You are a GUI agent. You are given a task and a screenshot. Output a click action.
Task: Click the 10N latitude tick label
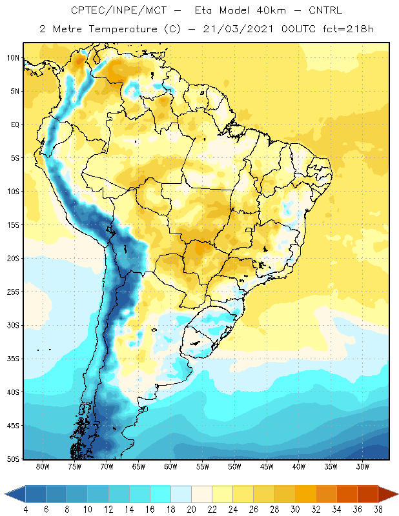pyautogui.click(x=13, y=58)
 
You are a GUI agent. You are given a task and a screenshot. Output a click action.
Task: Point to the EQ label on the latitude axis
pyautogui.click(x=15, y=124)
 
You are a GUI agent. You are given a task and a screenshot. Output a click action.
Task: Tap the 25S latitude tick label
pyautogui.click(x=13, y=292)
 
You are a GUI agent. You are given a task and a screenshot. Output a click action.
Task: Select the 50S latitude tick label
pyautogui.click(x=13, y=459)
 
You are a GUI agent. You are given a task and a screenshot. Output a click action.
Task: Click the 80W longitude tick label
pyautogui.click(x=43, y=466)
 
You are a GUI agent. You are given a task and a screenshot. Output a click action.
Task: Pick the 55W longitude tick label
pyautogui.click(x=203, y=466)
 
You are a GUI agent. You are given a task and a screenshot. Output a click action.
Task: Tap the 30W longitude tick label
pyautogui.click(x=363, y=466)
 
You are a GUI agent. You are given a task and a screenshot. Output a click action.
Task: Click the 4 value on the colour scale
pyautogui.click(x=25, y=510)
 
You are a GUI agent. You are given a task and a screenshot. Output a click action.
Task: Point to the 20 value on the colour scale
pyautogui.click(x=191, y=510)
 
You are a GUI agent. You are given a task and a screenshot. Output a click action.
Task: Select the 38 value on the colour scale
pyautogui.click(x=378, y=510)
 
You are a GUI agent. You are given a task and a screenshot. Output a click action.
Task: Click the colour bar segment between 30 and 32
pyautogui.click(x=305, y=494)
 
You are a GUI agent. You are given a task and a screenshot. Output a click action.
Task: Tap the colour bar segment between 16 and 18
pyautogui.click(x=161, y=494)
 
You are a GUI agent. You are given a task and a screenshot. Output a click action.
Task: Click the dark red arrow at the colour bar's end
pyautogui.click(x=388, y=494)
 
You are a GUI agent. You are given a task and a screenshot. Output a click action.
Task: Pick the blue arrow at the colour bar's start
pyautogui.click(x=15, y=494)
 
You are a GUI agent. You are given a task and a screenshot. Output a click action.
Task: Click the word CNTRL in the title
pyautogui.click(x=325, y=10)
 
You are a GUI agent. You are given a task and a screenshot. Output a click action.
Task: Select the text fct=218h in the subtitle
pyautogui.click(x=348, y=29)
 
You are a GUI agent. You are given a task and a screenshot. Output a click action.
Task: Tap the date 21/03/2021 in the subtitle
pyautogui.click(x=238, y=29)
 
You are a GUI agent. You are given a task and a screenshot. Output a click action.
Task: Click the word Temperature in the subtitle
pyautogui.click(x=123, y=29)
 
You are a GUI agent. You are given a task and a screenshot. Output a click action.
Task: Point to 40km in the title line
pyautogui.click(x=271, y=10)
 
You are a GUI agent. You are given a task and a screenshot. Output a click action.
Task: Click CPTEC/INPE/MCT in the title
pyautogui.click(x=119, y=10)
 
